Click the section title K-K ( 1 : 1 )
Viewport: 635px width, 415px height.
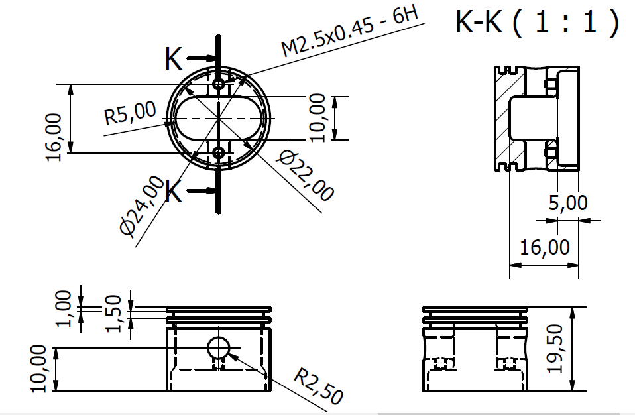point(537,23)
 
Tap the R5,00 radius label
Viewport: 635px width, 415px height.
point(131,113)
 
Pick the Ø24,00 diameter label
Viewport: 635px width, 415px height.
point(142,206)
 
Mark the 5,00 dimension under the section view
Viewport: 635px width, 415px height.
point(569,203)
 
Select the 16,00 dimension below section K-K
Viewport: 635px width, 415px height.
point(545,247)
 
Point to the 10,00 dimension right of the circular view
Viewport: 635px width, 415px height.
point(318,118)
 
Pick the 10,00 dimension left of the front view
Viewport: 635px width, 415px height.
point(39,369)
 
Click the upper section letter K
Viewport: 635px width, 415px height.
point(174,60)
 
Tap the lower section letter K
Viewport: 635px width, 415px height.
point(174,193)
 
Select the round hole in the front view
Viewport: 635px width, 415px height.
point(218,347)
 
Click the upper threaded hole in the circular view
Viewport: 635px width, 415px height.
point(219,84)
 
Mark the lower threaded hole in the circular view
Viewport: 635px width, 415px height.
point(219,153)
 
